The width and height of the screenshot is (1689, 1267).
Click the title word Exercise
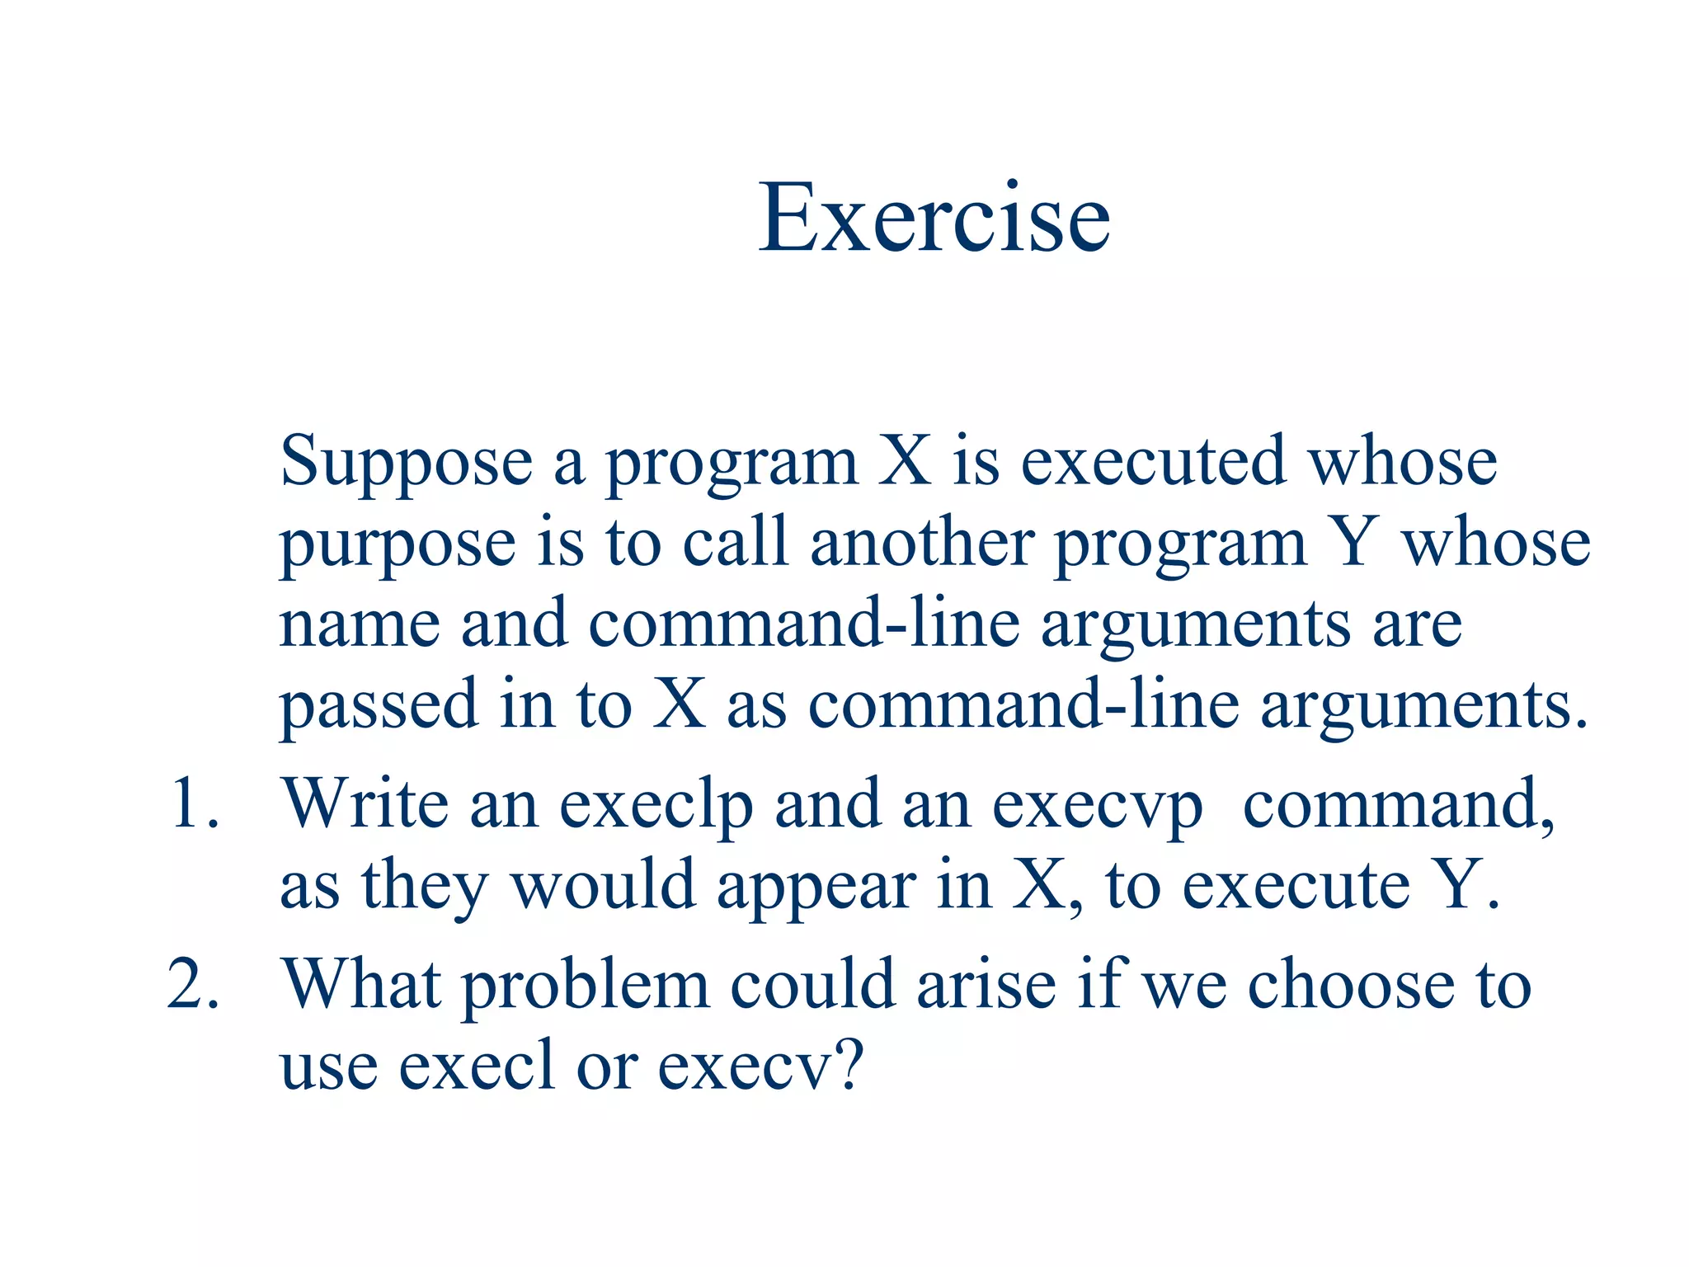point(934,218)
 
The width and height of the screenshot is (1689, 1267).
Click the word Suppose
point(406,462)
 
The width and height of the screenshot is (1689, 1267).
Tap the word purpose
point(398,544)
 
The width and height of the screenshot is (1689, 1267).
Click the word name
point(360,624)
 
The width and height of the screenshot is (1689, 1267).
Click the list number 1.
point(193,804)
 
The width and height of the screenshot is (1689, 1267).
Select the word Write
point(365,804)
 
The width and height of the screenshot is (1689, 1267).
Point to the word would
point(603,885)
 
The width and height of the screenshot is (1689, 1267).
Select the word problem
point(585,987)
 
